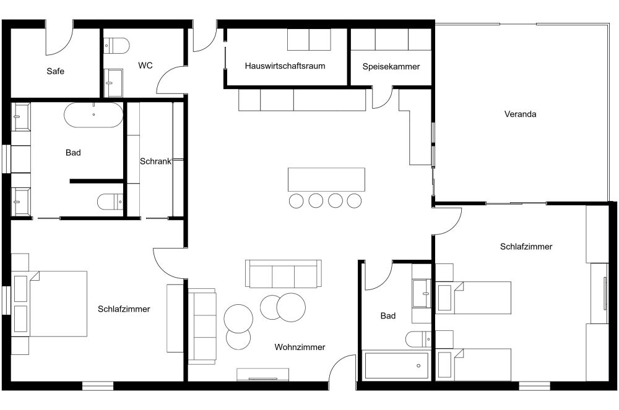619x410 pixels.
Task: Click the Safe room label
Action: pyautogui.click(x=55, y=71)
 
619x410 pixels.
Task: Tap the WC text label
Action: pyautogui.click(x=145, y=65)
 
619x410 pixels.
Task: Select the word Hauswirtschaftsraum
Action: pyautogui.click(x=285, y=66)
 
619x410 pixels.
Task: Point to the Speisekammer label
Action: pyautogui.click(x=391, y=66)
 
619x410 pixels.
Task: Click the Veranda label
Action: pyautogui.click(x=520, y=114)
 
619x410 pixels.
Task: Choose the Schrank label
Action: pyautogui.click(x=155, y=161)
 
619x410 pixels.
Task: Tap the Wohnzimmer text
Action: pyautogui.click(x=300, y=348)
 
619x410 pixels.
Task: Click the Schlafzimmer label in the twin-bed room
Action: pyautogui.click(x=526, y=247)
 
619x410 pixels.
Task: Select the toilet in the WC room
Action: pyautogui.click(x=116, y=45)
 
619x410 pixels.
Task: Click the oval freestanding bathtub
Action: pyautogui.click(x=93, y=114)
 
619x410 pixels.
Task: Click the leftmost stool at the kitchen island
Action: pyautogui.click(x=296, y=200)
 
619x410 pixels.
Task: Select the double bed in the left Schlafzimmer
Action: pyautogui.click(x=57, y=303)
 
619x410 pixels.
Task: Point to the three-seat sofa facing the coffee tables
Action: pyautogui.click(x=284, y=273)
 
